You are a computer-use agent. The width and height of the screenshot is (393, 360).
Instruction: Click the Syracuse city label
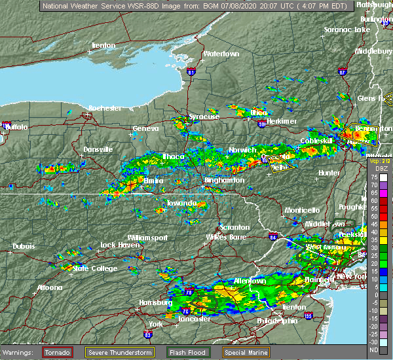tap(204, 117)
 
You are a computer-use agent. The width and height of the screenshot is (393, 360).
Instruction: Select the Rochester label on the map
tap(105, 107)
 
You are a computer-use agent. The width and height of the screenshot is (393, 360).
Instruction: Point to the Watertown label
tap(221, 54)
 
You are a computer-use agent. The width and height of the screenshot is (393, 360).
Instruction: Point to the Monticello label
tap(301, 210)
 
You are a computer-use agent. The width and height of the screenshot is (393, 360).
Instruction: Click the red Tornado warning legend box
tap(58, 352)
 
